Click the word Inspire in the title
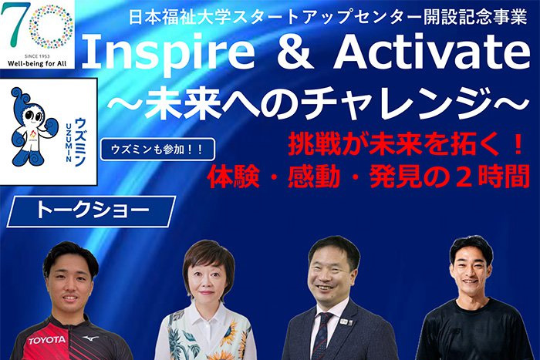(x=168, y=52)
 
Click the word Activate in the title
(x=433, y=52)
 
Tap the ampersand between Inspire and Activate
(x=295, y=52)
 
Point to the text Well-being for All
(x=37, y=64)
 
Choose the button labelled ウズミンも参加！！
(x=157, y=150)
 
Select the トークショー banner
(x=91, y=211)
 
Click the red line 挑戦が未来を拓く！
(x=406, y=145)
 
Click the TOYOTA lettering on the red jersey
(x=47, y=341)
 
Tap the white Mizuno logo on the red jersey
(x=90, y=339)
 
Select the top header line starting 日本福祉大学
(x=328, y=17)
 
